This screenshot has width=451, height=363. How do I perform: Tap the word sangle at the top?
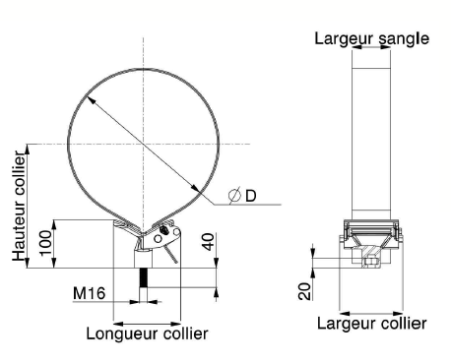404,38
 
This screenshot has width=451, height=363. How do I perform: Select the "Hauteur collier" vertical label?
19,206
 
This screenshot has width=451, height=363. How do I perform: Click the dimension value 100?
45,243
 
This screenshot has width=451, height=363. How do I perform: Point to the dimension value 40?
209,242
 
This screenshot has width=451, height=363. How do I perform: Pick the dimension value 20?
304,291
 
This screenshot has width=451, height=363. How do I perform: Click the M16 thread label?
89,293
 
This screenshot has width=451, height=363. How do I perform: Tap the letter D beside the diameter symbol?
251,196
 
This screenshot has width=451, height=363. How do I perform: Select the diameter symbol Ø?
234,195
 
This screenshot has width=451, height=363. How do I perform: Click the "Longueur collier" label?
147,333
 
